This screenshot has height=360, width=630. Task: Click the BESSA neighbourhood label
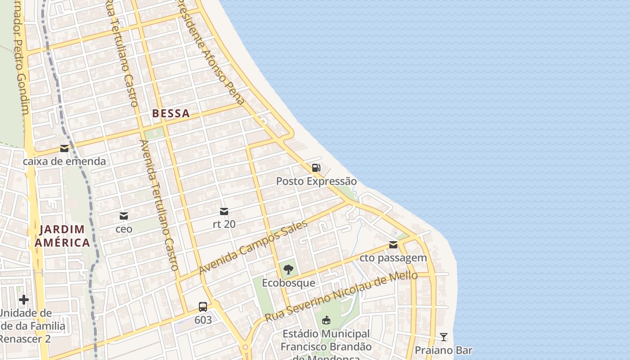point(171,113)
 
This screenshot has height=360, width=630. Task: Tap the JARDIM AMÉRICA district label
point(62,236)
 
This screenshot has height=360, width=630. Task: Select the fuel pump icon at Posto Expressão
point(316,168)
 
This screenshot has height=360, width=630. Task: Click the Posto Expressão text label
point(316,181)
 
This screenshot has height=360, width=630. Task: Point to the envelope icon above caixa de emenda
point(64,148)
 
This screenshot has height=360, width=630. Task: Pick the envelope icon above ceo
point(123,216)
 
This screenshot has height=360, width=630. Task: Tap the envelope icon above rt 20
point(224,211)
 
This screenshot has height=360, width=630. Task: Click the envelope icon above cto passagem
point(393,245)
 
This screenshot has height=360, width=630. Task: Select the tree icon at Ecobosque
point(288,270)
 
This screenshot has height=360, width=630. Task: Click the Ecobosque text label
point(288,283)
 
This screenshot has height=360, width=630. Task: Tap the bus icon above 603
point(203,307)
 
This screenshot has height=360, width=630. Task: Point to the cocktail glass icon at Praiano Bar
point(444,337)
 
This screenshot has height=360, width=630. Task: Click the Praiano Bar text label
point(444,350)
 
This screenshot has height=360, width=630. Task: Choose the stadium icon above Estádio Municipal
point(326,320)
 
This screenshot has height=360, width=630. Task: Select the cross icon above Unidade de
point(24,299)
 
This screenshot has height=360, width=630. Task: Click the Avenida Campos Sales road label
point(253,247)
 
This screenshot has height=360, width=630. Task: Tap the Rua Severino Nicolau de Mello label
point(341,296)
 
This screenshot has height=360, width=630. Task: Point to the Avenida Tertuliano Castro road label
point(160,205)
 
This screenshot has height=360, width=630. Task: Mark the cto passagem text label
point(393,258)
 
